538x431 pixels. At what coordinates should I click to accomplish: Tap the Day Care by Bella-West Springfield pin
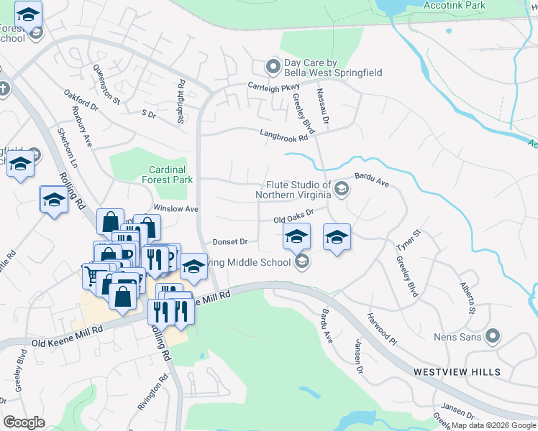(x=273, y=68)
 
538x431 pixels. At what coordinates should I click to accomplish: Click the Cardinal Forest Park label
(x=170, y=175)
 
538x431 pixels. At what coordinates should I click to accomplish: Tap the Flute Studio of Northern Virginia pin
(x=342, y=190)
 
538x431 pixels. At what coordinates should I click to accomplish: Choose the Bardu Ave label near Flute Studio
(x=372, y=180)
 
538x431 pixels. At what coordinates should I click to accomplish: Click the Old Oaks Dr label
(x=293, y=217)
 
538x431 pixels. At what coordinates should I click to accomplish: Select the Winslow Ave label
(x=175, y=208)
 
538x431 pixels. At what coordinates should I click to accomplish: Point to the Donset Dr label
(x=230, y=242)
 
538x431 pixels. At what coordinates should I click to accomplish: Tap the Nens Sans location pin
(x=493, y=335)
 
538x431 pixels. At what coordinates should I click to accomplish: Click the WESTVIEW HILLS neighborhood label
(x=457, y=371)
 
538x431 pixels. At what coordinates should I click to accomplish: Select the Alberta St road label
(x=468, y=298)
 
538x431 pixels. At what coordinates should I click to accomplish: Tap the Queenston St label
(x=106, y=85)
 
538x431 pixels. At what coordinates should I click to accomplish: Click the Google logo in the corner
(x=24, y=422)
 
